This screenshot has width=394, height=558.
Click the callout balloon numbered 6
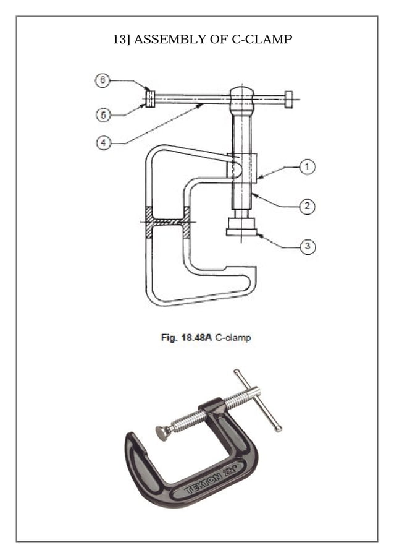(x=103, y=81)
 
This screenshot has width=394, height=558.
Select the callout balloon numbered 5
(x=103, y=115)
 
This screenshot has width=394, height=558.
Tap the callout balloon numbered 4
(x=103, y=143)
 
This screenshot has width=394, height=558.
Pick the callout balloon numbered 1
(x=307, y=166)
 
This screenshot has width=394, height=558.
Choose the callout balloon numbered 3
(x=307, y=247)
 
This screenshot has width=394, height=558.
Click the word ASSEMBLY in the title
(x=163, y=40)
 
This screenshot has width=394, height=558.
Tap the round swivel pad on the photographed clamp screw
(x=163, y=432)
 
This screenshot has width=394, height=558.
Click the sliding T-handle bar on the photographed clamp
(x=258, y=400)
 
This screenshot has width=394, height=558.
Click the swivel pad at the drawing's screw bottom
(x=241, y=227)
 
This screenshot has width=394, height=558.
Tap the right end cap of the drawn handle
(x=289, y=99)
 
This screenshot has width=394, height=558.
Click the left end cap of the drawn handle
(x=149, y=99)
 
